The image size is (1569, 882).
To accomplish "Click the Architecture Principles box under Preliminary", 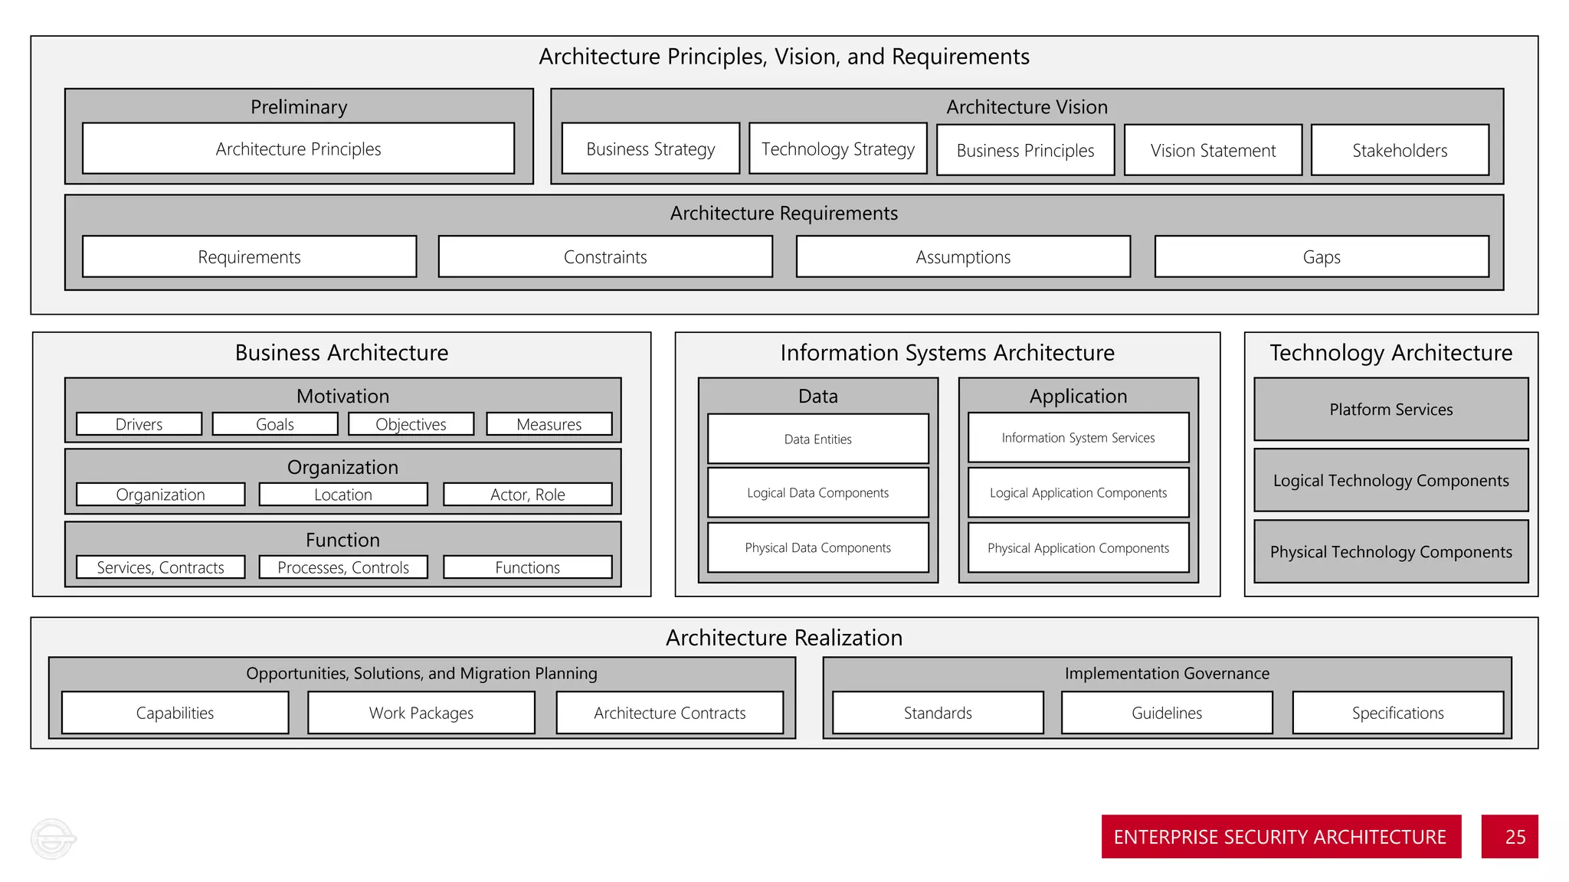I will (x=298, y=149).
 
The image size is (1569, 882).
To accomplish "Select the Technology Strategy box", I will (x=837, y=149).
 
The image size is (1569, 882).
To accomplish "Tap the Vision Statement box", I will (x=1213, y=150).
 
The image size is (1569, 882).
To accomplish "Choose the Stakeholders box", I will (x=1400, y=150).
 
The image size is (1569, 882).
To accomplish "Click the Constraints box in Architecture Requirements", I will (x=605, y=256).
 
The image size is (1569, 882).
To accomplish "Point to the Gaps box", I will (x=1322, y=256).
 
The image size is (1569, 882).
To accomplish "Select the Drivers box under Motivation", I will (x=139, y=424).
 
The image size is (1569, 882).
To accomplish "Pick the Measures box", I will (x=549, y=424).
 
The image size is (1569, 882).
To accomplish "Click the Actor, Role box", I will (x=527, y=495).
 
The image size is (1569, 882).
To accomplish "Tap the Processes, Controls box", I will (x=343, y=567).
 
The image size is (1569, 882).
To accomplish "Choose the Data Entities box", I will (x=817, y=439).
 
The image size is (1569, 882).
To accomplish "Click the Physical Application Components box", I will (x=1078, y=547).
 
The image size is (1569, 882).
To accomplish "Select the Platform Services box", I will (x=1390, y=410).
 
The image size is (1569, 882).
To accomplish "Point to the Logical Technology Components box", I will (x=1390, y=480).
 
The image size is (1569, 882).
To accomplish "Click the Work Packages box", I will (x=421, y=713).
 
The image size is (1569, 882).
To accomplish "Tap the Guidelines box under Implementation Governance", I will (x=1167, y=713).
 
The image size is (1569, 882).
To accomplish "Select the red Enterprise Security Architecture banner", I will (x=1280, y=836).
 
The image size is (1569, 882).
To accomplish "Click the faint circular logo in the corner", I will (x=53, y=838).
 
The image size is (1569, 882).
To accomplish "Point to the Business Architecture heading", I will (x=342, y=352).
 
